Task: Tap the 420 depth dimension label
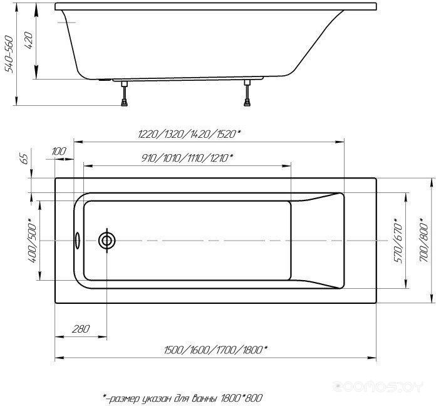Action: tap(29, 41)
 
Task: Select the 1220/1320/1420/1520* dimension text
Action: tap(189, 134)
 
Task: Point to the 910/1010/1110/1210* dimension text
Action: tap(187, 159)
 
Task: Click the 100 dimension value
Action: tap(59, 152)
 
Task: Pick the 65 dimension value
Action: tap(25, 159)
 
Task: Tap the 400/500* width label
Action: tap(33, 241)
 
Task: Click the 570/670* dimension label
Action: tap(398, 241)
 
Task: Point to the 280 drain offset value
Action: tap(81, 329)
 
